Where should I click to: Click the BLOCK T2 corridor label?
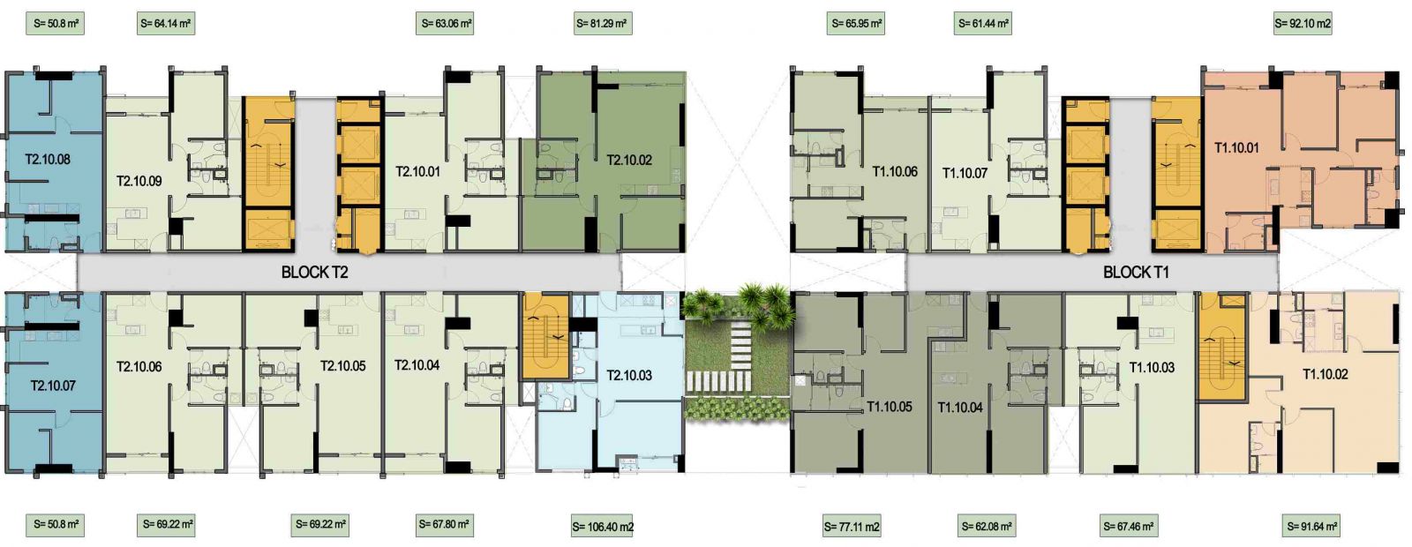314,273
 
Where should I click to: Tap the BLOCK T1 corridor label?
1136,273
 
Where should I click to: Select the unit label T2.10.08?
48,160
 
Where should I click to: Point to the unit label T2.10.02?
629,160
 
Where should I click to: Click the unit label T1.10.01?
1236,148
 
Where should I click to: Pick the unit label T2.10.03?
629,376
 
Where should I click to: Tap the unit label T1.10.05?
890,407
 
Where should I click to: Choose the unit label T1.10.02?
1325,374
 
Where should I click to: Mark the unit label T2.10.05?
343,366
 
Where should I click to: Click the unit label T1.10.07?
965,173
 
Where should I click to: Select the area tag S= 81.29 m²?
603,24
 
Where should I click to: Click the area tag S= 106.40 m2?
603,526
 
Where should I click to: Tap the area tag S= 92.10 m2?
1303,24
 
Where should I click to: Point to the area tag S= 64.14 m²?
166,24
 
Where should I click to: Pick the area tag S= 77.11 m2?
852,526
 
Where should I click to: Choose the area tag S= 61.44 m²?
983,24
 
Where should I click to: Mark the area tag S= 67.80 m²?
444,524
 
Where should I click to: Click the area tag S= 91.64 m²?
1311,526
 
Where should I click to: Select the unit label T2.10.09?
139,182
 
